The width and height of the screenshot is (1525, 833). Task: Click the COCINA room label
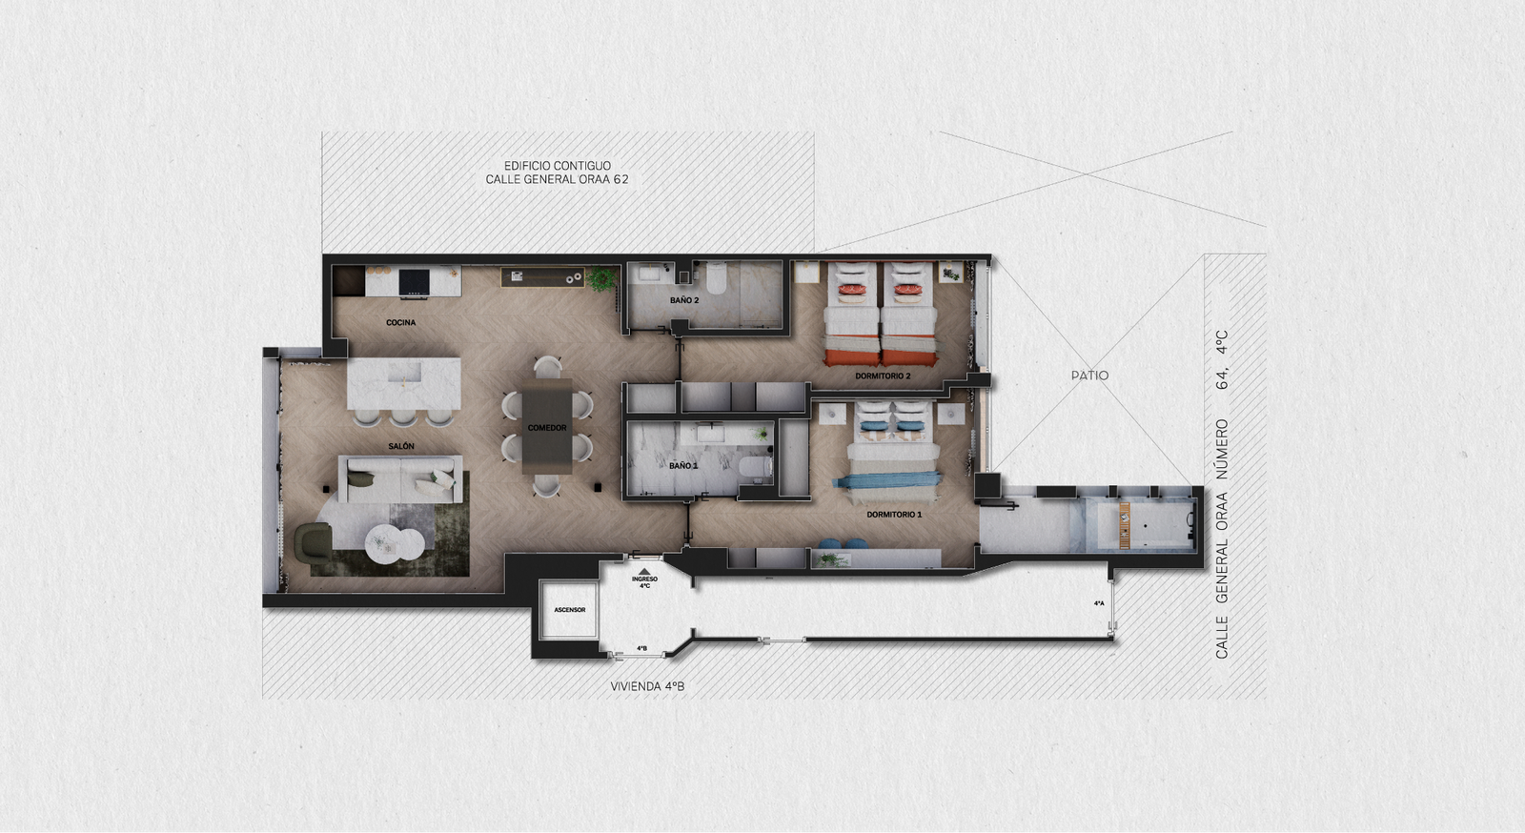(400, 322)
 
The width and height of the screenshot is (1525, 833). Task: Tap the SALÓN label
(401, 446)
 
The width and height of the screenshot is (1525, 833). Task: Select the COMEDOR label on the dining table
(547, 428)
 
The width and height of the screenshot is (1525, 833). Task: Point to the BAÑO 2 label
(684, 300)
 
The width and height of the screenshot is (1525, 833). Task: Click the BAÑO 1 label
(683, 466)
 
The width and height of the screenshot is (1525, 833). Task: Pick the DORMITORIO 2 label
(883, 376)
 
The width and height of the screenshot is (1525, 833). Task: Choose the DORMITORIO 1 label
(894, 515)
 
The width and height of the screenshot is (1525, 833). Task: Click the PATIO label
(1089, 375)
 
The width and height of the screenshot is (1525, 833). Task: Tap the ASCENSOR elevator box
(569, 610)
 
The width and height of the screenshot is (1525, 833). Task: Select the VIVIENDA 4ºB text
(647, 686)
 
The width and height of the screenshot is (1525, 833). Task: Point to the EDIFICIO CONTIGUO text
(557, 166)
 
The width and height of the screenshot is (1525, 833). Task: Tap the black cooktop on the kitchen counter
(414, 282)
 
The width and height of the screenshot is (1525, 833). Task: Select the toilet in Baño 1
(755, 468)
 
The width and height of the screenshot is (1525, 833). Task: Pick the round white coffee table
(395, 543)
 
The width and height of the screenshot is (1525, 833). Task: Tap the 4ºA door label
(1099, 603)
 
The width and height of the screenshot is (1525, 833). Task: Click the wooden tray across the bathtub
(1125, 526)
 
